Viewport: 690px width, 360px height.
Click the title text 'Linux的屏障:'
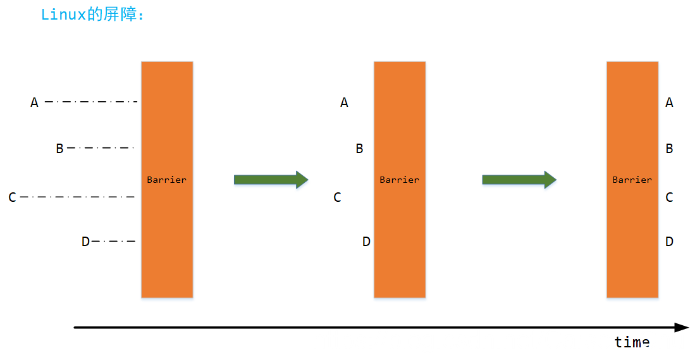[x=92, y=15]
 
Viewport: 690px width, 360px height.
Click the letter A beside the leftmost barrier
[x=35, y=102]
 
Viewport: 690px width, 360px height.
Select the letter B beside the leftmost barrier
[x=60, y=149]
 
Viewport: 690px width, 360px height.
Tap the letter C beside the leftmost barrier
[x=12, y=197]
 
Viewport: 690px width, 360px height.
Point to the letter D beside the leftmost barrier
[x=85, y=241]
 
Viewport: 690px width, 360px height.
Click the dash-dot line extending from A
[x=91, y=101]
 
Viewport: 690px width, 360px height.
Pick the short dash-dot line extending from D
[x=114, y=241]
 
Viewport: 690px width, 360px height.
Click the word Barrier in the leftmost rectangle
[x=166, y=180]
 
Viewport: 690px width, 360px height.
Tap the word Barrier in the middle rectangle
[x=399, y=180]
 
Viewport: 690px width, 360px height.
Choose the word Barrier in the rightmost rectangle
[x=632, y=180]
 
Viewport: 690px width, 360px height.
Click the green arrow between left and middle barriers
[x=271, y=180]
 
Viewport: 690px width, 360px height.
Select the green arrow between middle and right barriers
[x=519, y=180]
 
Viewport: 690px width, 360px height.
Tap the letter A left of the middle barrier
[x=344, y=102]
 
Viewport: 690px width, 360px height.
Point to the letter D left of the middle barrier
[x=366, y=241]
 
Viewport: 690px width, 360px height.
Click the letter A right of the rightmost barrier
[x=669, y=102]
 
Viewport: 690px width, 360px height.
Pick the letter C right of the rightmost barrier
[x=669, y=197]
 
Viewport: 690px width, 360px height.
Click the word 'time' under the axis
[x=632, y=342]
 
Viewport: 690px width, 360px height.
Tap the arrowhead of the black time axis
[x=681, y=328]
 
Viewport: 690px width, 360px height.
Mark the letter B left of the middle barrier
[x=359, y=149]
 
